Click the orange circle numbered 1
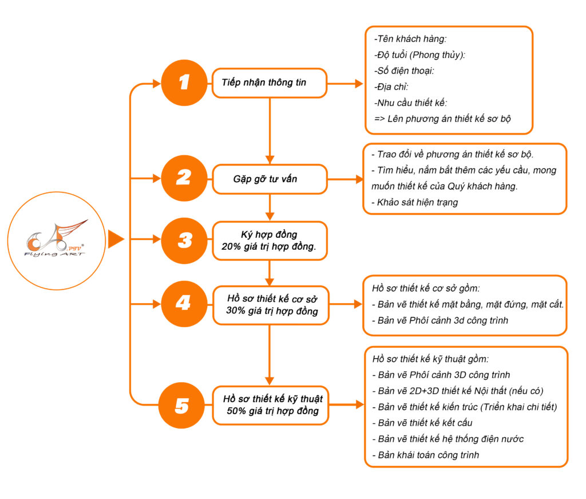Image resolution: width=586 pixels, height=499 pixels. pyautogui.click(x=183, y=82)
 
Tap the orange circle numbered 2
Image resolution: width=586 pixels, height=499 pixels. pyautogui.click(x=183, y=178)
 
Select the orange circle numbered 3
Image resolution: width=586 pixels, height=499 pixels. pyautogui.click(x=184, y=240)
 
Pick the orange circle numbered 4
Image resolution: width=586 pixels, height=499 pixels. pyautogui.click(x=183, y=302)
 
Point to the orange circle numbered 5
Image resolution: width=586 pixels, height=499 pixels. pyautogui.click(x=182, y=406)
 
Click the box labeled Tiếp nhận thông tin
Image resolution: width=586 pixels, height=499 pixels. pyautogui.click(x=270, y=83)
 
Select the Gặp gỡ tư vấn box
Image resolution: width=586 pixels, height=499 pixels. pyautogui.click(x=270, y=179)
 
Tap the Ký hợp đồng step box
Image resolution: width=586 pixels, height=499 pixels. pyautogui.click(x=270, y=241)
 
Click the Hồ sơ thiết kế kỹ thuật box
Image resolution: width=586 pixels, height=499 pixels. pyautogui.click(x=271, y=406)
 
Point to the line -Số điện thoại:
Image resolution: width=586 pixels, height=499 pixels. pyautogui.click(x=404, y=72)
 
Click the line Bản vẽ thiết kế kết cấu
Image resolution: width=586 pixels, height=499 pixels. pyautogui.click(x=425, y=423)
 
